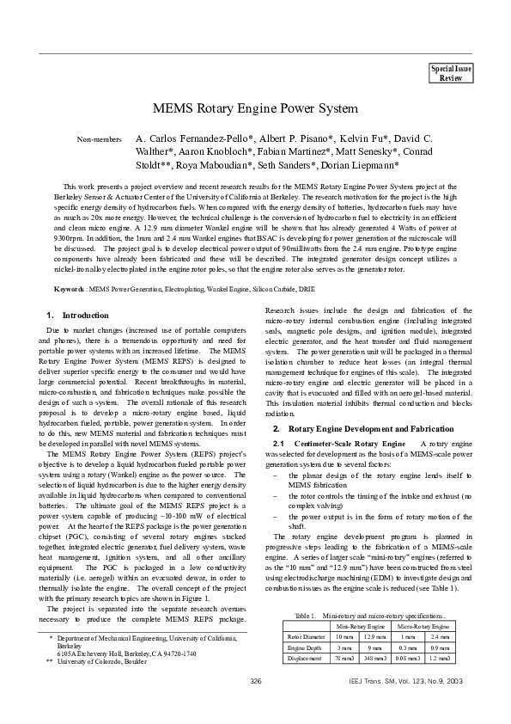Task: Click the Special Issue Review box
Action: (x=451, y=73)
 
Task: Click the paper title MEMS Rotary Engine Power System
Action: (x=254, y=109)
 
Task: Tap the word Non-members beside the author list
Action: (x=100, y=139)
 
